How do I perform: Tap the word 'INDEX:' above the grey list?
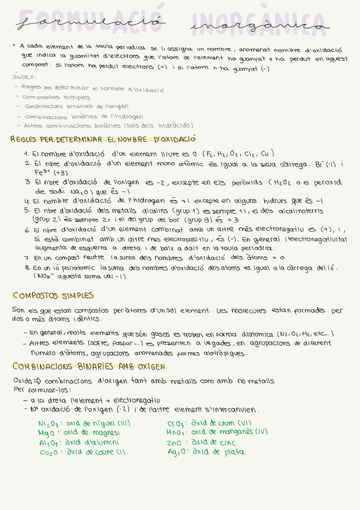[25, 77]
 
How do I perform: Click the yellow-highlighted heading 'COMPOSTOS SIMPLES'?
[53, 295]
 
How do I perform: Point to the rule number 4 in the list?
[28, 201]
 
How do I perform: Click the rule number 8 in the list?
[28, 268]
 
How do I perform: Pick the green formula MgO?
[48, 432]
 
